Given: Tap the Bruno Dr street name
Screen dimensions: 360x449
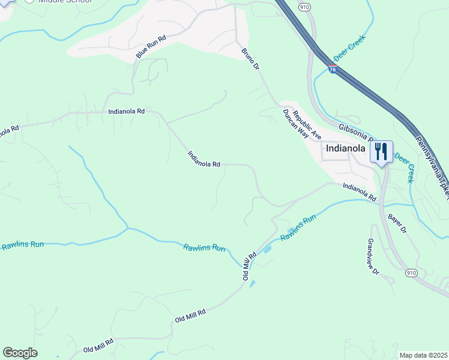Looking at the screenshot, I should point(250,59).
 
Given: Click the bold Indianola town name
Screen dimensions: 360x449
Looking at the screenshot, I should point(346,148).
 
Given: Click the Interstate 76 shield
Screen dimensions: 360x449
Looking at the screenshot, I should point(333,70).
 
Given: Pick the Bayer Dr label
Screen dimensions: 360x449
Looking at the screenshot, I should point(397,223).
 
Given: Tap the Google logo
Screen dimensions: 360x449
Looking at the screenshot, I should point(20,353).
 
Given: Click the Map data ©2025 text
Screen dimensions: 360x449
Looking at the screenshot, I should point(423,355).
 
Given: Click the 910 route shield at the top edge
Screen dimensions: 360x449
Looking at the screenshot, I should point(305,7).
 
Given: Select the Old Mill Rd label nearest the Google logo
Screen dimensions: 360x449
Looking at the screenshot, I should point(98,346).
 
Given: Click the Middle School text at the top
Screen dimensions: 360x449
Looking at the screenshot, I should point(65,2).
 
